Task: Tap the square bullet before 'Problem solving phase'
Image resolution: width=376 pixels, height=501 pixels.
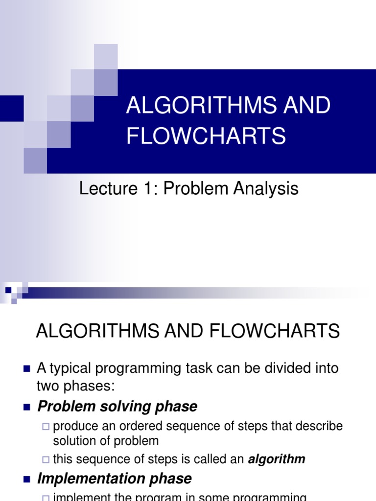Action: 26,407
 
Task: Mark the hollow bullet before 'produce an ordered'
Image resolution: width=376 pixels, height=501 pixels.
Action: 46,427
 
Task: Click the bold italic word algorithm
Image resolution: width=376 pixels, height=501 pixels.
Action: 277,459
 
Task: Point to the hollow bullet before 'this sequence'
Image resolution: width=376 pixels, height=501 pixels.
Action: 46,459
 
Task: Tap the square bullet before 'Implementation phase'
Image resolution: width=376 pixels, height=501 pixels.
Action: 26,478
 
